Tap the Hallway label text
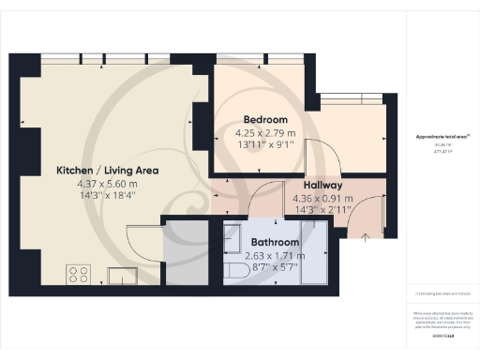tap(322, 186)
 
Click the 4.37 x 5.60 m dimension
tap(107, 185)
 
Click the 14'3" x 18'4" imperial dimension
tap(107, 197)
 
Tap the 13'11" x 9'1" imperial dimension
tap(264, 144)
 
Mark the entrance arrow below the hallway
tap(365, 237)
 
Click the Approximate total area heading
tap(442, 137)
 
